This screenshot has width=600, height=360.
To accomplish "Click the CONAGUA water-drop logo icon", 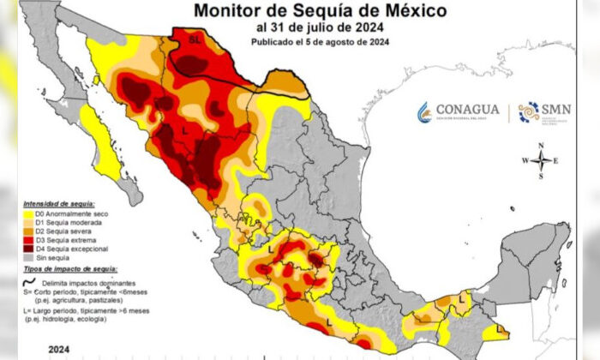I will click(423, 112).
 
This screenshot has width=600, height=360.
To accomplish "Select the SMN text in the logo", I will click(555, 110).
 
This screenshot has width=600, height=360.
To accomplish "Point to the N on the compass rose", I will click(541, 147).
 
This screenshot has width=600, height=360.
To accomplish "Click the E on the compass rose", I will click(556, 161).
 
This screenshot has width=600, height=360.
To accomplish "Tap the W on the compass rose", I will click(525, 161).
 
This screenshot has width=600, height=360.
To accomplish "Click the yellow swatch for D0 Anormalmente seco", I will click(27, 213).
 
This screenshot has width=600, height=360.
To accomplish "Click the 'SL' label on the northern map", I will click(194, 39).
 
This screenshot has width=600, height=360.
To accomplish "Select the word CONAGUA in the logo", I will click(468, 111).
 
